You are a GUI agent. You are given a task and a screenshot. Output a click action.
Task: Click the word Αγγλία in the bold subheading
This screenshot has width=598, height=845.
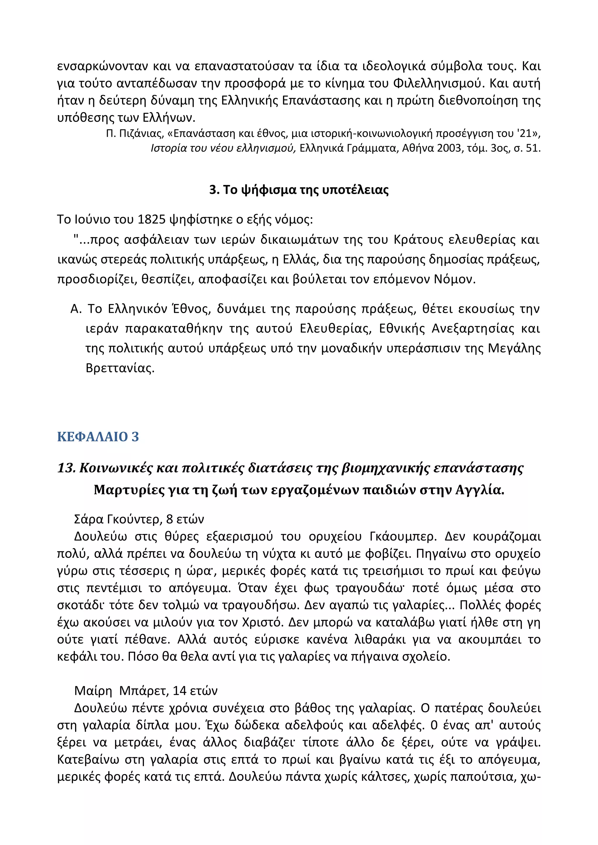click(x=479, y=490)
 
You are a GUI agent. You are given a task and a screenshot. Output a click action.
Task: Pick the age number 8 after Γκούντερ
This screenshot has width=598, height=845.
click(x=169, y=519)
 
